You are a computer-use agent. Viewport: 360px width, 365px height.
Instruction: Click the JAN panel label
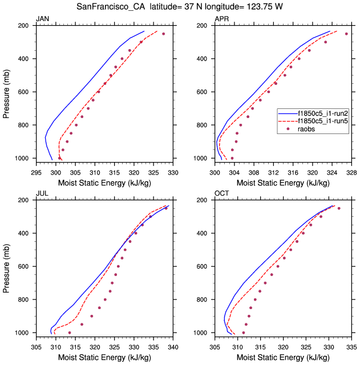coord(42,19)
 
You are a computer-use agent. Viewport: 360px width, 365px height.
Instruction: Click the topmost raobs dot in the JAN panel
coord(163,34)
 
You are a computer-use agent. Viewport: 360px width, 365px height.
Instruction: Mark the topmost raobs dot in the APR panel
coord(346,34)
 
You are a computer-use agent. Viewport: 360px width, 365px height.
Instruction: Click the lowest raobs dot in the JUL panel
coord(70,332)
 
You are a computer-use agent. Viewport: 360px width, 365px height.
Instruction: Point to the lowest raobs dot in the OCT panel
coord(244,332)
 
